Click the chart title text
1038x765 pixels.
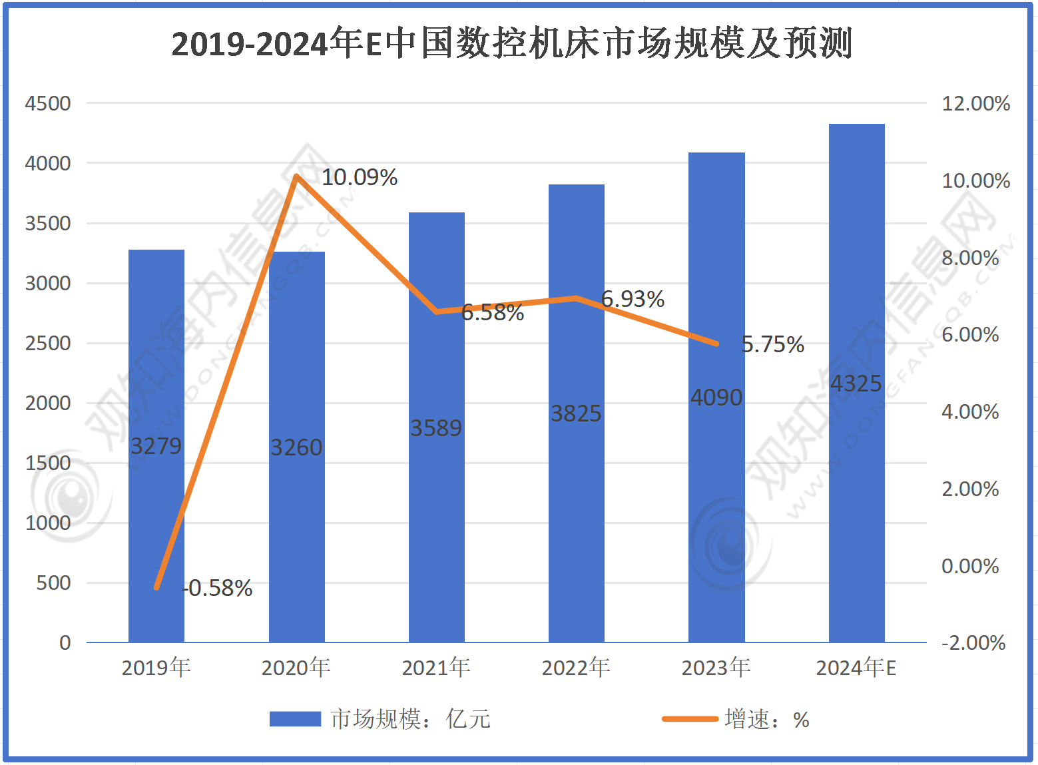511,44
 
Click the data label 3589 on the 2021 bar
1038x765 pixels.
435,428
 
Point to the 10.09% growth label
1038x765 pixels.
360,177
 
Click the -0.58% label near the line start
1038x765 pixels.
218,588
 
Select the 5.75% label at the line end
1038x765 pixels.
772,344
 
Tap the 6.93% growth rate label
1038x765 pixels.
633,299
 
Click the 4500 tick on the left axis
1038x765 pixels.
47,103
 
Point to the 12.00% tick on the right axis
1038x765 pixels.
975,103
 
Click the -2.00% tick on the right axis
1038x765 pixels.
973,642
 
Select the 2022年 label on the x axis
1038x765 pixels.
576,667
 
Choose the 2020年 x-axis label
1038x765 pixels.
296,667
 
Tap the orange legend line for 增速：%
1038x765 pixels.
690,719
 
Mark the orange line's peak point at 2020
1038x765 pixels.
297,176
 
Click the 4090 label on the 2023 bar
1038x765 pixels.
716,397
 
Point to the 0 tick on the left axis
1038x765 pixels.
65,642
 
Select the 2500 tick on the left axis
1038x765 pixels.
47,343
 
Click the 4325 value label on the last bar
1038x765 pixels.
856,383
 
